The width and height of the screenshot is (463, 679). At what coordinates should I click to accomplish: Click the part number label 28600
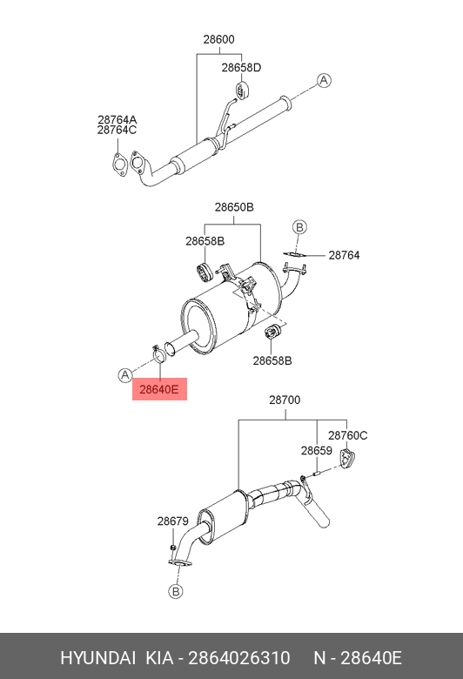coord(218,39)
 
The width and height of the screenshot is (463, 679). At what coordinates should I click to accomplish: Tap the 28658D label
coord(241,68)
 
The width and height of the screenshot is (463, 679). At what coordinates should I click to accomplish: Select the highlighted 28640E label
coord(159,389)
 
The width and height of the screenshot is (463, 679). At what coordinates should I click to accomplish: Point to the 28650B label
coord(234,207)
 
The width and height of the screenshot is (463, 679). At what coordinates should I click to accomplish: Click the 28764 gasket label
coord(344,255)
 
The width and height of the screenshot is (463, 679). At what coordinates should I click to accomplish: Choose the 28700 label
coord(285,400)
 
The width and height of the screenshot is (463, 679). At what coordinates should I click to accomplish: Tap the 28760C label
coord(347,435)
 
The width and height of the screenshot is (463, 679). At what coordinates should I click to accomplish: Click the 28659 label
coord(317,451)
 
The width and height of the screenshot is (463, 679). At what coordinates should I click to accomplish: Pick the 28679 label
coord(173,521)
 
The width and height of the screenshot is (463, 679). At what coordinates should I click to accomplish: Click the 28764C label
coord(117,130)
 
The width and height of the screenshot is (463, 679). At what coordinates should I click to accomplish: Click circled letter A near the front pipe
coord(324,81)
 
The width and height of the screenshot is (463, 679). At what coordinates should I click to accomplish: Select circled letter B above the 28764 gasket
coord(299,227)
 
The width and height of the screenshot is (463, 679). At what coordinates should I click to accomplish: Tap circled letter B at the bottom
coord(176,592)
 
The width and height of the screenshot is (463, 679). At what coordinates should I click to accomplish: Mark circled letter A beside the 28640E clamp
coord(125,375)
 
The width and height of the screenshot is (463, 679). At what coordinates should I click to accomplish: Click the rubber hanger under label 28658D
coord(241,90)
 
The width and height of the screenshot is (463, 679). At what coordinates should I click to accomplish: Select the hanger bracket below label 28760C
coord(347,459)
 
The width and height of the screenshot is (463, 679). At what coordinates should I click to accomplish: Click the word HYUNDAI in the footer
coord(97,658)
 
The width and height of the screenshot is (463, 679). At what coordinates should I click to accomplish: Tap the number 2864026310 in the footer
coord(239,658)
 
